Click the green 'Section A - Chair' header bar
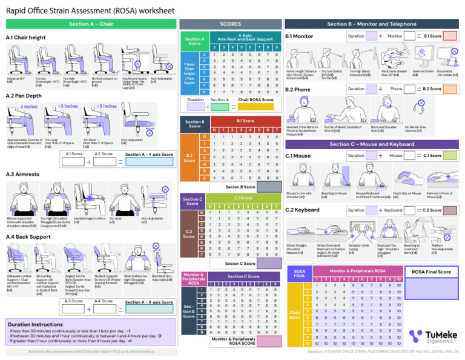pyautogui.click(x=91, y=24)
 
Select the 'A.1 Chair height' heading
pyautogui.click(x=25, y=38)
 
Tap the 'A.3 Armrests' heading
pyautogui.click(x=22, y=175)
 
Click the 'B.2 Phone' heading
pyautogui.click(x=298, y=89)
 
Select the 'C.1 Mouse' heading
pyautogui.click(x=298, y=156)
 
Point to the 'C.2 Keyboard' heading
pyautogui.click(x=302, y=210)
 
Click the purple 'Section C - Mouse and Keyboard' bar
pyautogui.click(x=372, y=144)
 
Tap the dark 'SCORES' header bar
pyautogui.click(x=230, y=24)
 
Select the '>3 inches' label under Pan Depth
pyautogui.click(x=107, y=107)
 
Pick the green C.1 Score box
pyautogui.click(x=450, y=156)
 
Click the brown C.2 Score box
pyautogui.click(x=450, y=210)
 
